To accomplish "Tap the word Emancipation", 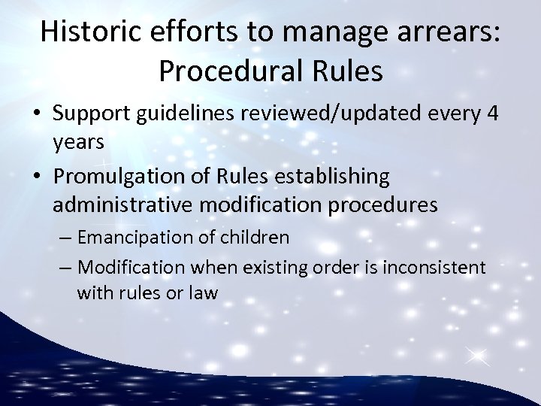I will (x=135, y=238).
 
